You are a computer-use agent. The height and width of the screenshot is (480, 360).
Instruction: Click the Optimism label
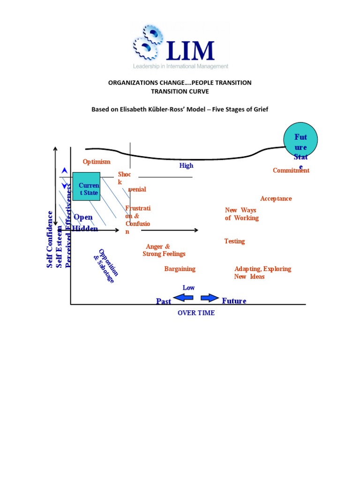pos(97,162)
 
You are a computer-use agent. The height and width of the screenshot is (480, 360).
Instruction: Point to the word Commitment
pos(291,171)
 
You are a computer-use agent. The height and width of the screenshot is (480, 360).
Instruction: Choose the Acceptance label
pos(276,199)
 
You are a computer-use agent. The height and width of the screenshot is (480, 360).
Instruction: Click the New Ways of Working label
pos(241,214)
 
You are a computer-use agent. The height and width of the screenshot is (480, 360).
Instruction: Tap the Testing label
pos(234,241)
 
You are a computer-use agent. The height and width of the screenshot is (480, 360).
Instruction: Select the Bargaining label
pos(180,269)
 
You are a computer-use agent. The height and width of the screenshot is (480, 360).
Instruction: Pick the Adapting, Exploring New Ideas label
pos(262,273)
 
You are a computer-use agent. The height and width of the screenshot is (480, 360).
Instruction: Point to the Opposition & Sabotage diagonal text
pos(105,266)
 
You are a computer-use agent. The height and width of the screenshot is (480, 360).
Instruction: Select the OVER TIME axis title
pos(196,313)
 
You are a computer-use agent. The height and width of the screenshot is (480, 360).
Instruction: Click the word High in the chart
pos(186,166)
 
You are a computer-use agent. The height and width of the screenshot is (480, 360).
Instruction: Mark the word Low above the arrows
pos(188,288)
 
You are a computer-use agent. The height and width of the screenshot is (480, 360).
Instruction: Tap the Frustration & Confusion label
pos(137,219)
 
